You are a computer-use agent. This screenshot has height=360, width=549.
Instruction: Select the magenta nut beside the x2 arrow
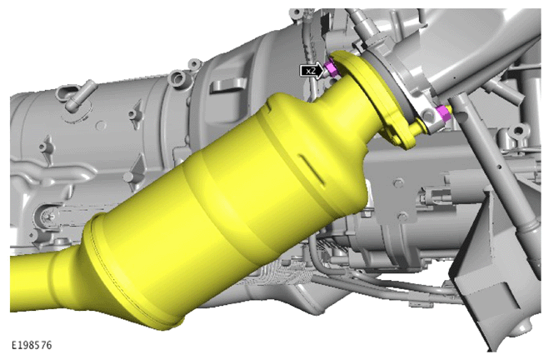(330, 67)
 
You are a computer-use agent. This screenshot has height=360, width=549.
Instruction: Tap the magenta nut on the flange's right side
(443, 114)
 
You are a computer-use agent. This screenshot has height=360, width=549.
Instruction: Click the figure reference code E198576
(32, 345)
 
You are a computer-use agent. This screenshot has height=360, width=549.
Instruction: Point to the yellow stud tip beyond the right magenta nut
(451, 109)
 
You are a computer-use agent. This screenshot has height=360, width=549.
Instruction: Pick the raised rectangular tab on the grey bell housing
(224, 87)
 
